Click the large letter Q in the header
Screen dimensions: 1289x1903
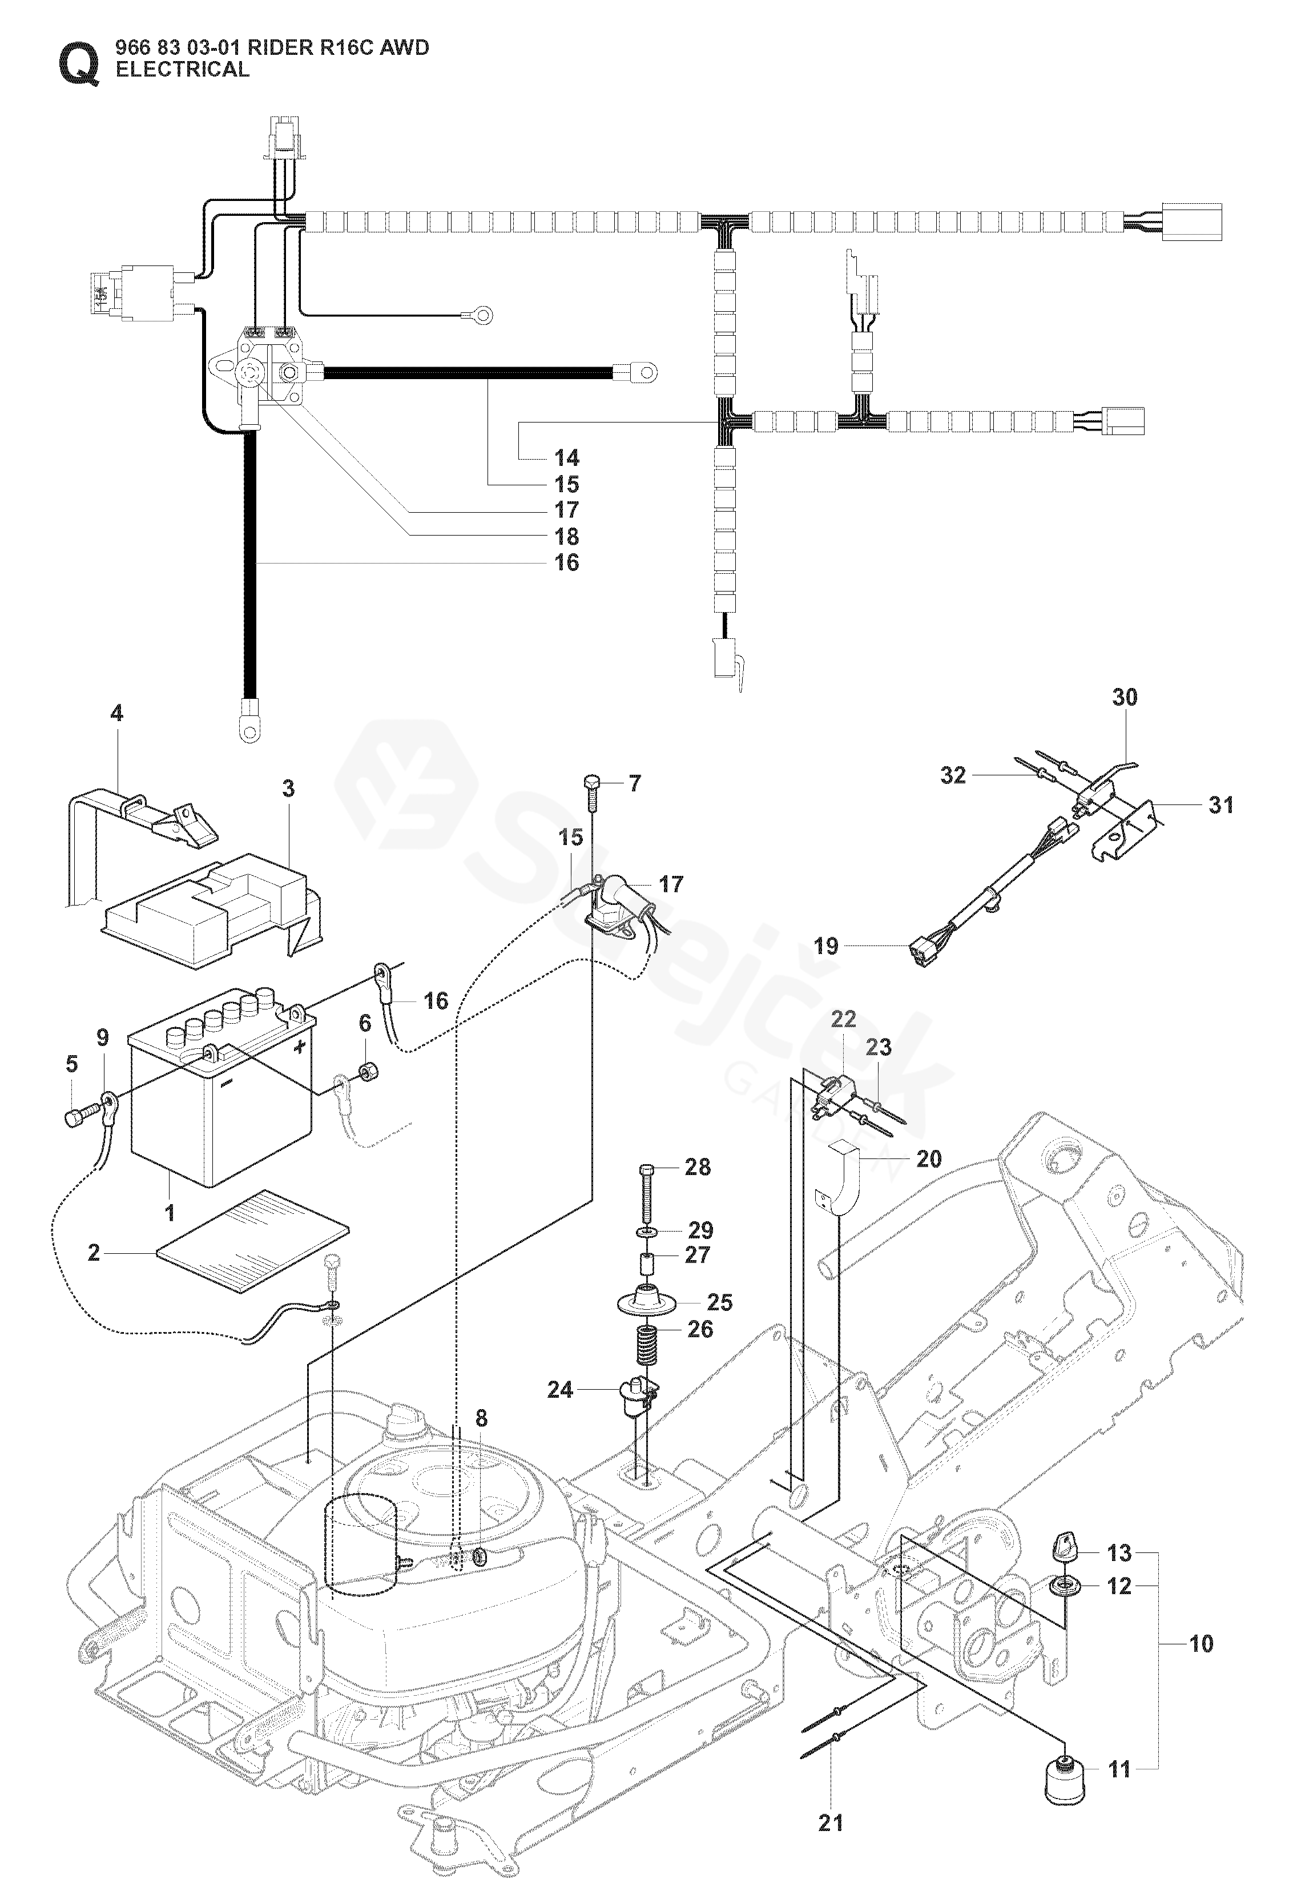79,62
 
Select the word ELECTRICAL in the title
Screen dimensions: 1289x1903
183,70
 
